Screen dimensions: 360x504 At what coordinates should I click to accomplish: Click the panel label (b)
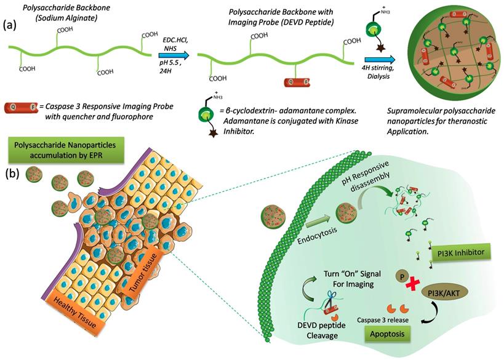click(x=14, y=174)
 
